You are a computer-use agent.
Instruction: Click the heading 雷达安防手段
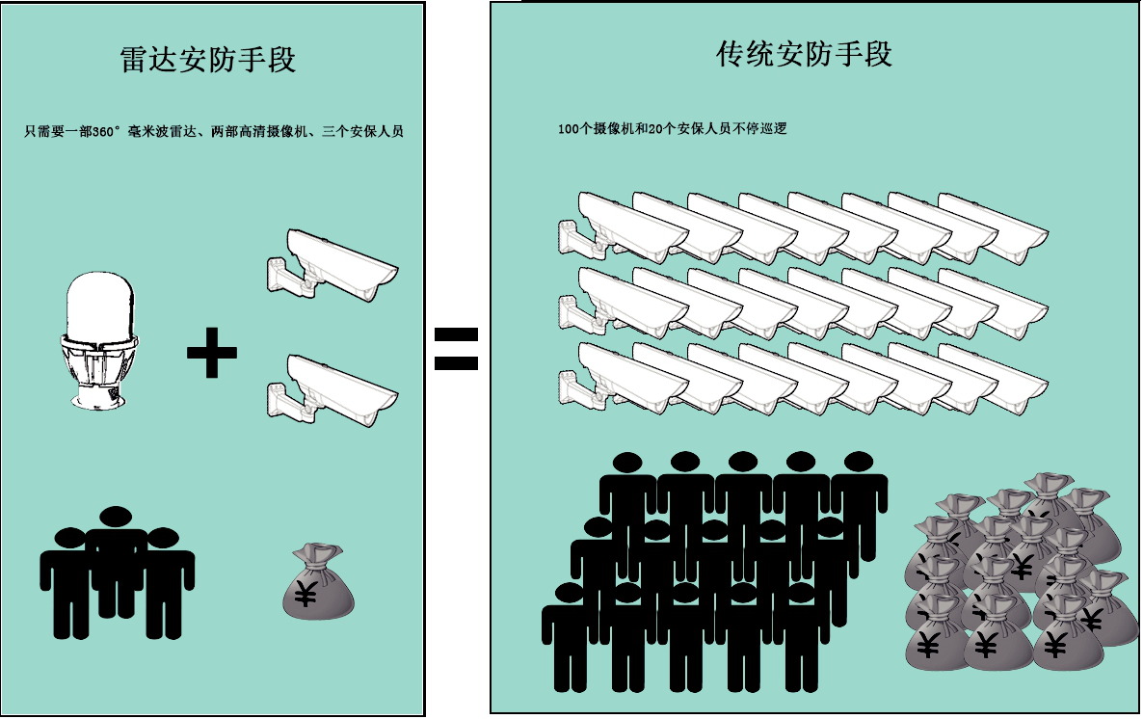[207, 60]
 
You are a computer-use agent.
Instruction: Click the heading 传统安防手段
[804, 54]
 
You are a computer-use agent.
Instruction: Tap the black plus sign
[212, 354]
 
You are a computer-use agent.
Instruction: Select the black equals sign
[455, 350]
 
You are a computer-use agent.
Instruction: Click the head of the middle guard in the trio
[116, 517]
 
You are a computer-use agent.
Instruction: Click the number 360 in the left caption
[99, 132]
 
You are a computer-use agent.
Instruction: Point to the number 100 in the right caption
[568, 128]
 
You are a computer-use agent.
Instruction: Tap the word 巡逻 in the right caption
[774, 128]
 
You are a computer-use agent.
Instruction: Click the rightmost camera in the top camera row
[993, 227]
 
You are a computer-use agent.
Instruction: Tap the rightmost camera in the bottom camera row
[993, 380]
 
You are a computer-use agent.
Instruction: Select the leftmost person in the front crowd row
[569, 631]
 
